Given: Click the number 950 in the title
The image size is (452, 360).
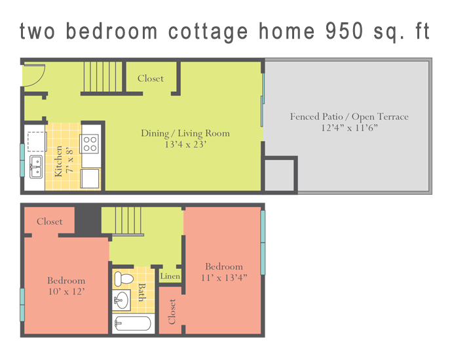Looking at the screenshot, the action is point(345,31).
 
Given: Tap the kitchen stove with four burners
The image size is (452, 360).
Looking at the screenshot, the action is point(90,144).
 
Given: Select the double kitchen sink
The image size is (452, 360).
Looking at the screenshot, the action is point(36,167).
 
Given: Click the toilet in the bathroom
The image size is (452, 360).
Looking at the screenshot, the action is point(124,279).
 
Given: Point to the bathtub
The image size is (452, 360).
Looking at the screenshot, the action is point(133,323).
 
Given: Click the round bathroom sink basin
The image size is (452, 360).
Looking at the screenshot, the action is point(121,300).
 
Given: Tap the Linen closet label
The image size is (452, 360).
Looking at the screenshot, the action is point(170,276).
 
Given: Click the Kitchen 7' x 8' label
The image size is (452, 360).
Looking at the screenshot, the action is point(64,161).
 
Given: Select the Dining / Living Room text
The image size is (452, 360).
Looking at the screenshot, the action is point(185,133).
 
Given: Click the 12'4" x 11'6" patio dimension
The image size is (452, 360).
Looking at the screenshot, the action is point(349,127).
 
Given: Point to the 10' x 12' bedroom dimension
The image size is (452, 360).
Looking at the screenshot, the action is point(67,291).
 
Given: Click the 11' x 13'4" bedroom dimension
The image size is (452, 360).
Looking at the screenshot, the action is point(224,277).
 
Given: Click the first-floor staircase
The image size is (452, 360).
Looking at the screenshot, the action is point(103,77).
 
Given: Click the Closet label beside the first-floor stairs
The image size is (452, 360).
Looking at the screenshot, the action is point(151,79).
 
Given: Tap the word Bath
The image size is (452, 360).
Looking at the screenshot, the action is point(142,292).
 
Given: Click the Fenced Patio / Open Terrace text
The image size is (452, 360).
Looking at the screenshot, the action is point(349,117).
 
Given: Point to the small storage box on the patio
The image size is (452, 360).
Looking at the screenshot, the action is point(279,175).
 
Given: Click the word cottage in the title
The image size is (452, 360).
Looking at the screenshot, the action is point(208,32).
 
